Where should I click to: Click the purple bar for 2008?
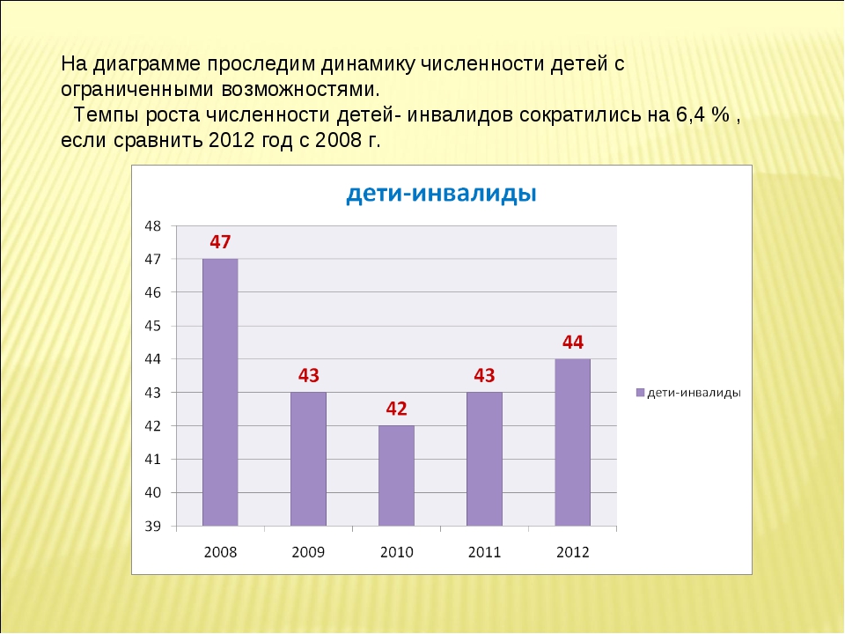point(220,392)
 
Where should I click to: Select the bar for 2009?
point(308,459)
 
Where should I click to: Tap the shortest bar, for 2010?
point(396,475)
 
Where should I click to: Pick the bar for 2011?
point(484,459)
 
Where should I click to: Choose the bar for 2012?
point(572,442)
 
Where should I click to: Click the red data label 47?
point(220,242)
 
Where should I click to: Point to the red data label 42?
point(396,409)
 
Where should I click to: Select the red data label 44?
point(573,343)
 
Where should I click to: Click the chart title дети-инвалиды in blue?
point(441,193)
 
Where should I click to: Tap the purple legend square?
point(640,393)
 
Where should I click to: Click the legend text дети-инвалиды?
point(694,393)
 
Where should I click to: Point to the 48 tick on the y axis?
point(152,226)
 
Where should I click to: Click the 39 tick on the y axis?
point(152,526)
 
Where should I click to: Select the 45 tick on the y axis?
point(152,326)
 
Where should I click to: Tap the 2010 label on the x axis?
point(397,552)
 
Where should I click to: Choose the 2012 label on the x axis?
point(573,552)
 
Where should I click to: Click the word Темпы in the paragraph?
point(106,115)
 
